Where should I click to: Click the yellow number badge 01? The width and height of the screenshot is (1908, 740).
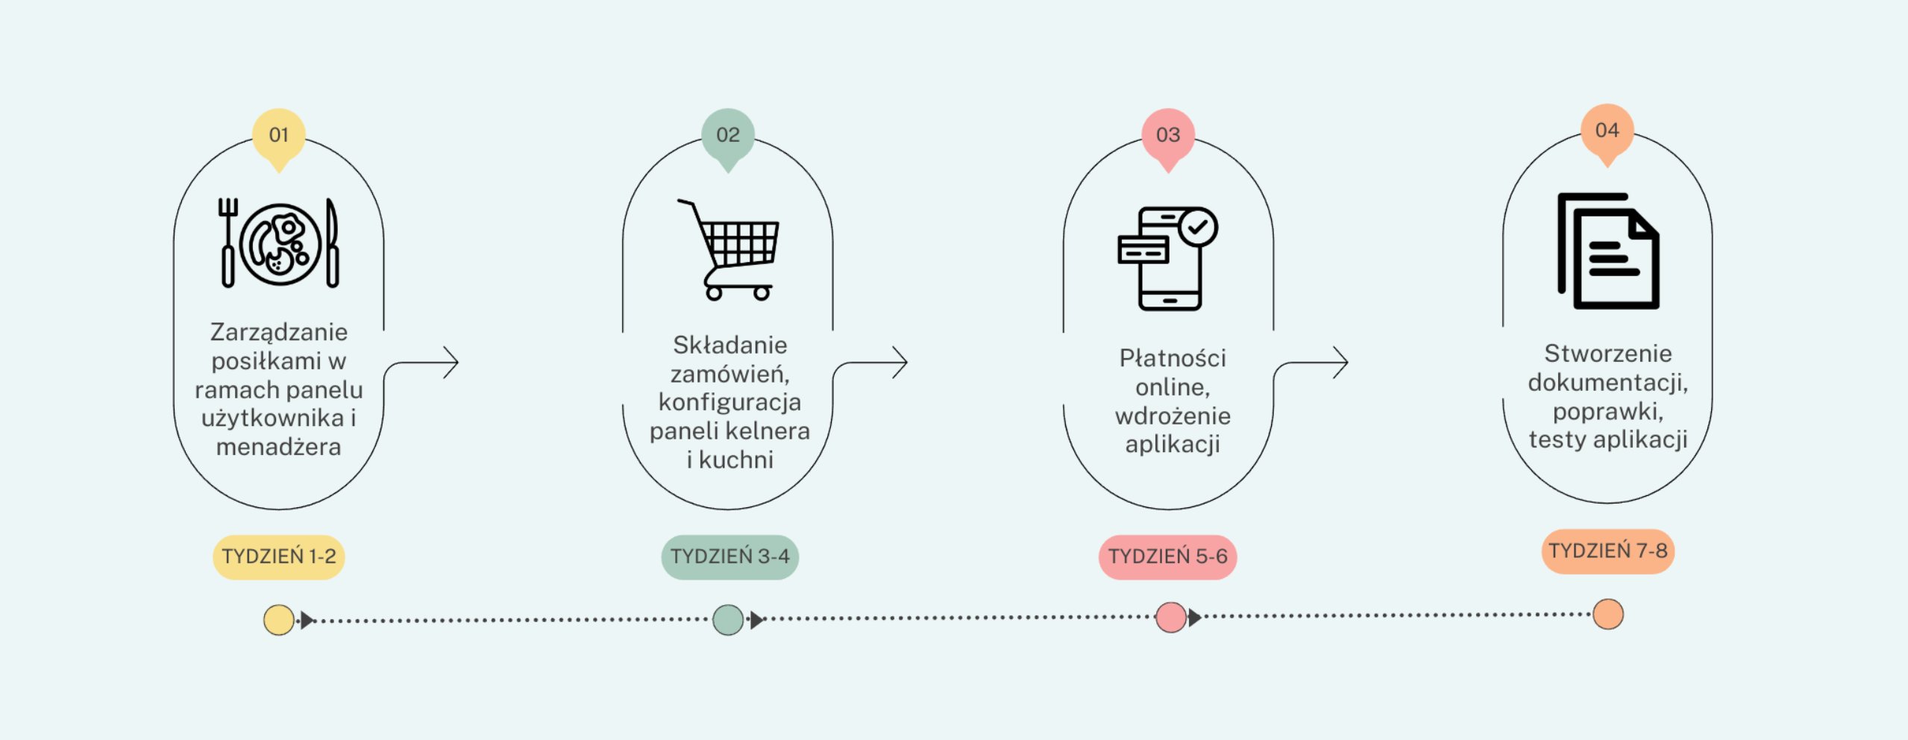[278, 135]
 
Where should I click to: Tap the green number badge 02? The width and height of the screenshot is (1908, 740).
[728, 135]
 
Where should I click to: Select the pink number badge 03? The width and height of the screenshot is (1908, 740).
[1168, 135]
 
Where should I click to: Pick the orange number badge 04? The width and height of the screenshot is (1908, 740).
[1607, 131]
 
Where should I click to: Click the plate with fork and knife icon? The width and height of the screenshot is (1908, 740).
[280, 244]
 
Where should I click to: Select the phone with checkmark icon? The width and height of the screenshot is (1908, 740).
[1167, 258]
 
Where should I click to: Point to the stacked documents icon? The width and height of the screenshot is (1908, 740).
[1608, 251]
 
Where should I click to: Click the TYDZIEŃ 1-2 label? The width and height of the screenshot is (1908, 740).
[279, 556]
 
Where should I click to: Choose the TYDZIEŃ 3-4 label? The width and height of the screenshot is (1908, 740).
[729, 556]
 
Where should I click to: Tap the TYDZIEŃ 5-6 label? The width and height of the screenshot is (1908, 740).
[1167, 556]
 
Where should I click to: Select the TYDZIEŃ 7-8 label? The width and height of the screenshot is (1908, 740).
[1607, 551]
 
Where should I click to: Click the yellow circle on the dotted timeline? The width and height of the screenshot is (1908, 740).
[278, 620]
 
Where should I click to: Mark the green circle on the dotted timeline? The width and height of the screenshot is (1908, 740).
[727, 620]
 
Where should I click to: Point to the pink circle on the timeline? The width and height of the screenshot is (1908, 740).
[1170, 618]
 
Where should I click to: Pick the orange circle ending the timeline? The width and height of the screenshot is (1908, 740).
[1607, 614]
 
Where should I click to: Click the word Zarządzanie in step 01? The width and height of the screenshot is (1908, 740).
[279, 332]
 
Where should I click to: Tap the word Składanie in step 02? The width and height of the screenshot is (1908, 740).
[729, 345]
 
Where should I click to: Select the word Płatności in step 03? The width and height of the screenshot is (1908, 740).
[1173, 359]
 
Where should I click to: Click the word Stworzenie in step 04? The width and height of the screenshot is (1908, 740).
[1607, 354]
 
